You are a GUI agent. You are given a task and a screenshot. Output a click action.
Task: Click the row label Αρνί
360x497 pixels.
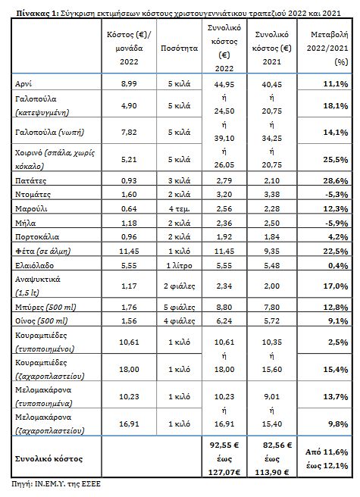pyautogui.click(x=23, y=84)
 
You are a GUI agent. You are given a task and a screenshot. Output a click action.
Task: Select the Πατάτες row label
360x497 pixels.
pyautogui.click(x=30, y=180)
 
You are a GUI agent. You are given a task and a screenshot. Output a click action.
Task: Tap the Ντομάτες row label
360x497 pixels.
pyautogui.click(x=33, y=195)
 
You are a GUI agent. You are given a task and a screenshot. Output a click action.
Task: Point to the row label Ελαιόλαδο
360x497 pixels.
pyautogui.click(x=34, y=266)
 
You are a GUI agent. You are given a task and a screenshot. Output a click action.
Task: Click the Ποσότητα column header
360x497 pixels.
pyautogui.click(x=179, y=48)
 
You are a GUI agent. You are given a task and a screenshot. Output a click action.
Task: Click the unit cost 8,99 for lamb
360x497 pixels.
pyautogui.click(x=129, y=84)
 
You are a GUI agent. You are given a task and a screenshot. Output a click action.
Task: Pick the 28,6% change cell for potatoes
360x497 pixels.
pyautogui.click(x=336, y=180)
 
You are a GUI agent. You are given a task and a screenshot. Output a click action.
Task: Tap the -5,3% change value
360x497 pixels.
pyautogui.click(x=337, y=195)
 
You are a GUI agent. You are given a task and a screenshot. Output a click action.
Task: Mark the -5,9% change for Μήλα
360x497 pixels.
pyautogui.click(x=337, y=223)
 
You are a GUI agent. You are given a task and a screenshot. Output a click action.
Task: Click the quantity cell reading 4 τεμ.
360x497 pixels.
pyautogui.click(x=179, y=209)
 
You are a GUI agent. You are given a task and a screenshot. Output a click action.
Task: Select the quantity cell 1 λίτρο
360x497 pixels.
pyautogui.click(x=179, y=266)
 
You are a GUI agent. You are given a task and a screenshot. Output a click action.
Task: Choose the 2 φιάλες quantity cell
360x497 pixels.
pyautogui.click(x=179, y=286)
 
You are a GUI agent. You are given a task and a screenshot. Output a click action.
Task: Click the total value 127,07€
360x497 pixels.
pyautogui.click(x=224, y=473)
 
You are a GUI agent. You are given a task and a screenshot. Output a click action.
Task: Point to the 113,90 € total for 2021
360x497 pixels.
pyautogui.click(x=272, y=473)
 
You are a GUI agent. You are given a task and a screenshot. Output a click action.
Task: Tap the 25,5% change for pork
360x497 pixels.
pyautogui.click(x=336, y=159)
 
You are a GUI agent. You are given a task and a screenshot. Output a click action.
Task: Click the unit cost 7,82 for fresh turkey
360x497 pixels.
pyautogui.click(x=129, y=132)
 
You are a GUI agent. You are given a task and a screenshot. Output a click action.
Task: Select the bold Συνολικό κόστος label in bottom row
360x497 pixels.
pyautogui.click(x=49, y=459)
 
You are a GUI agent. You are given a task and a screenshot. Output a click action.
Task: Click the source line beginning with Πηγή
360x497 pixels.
pyautogui.click(x=56, y=484)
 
